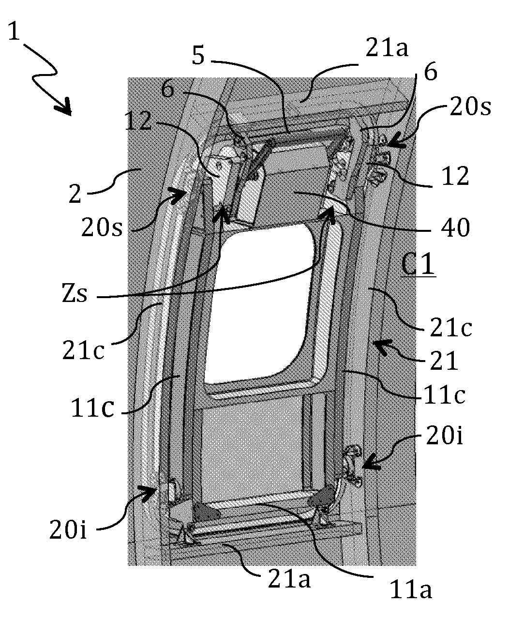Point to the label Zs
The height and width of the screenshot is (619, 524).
coord(75,293)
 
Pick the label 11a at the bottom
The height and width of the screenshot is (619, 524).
coord(411,589)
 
